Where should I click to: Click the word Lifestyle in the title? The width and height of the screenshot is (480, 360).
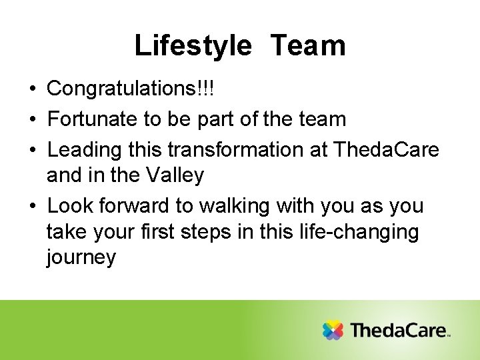coord(193,46)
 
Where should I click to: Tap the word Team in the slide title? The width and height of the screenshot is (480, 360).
coord(308,46)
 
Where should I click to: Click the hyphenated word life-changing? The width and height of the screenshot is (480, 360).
coord(367,232)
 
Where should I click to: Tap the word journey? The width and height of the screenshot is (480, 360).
coord(81,258)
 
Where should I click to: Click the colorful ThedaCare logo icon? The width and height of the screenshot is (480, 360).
coord(333,330)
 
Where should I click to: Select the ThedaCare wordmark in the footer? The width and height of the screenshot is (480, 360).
coord(399,330)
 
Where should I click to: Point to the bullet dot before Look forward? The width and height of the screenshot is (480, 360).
coord(33,206)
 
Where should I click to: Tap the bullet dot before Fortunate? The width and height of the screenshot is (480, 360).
coord(33,119)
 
